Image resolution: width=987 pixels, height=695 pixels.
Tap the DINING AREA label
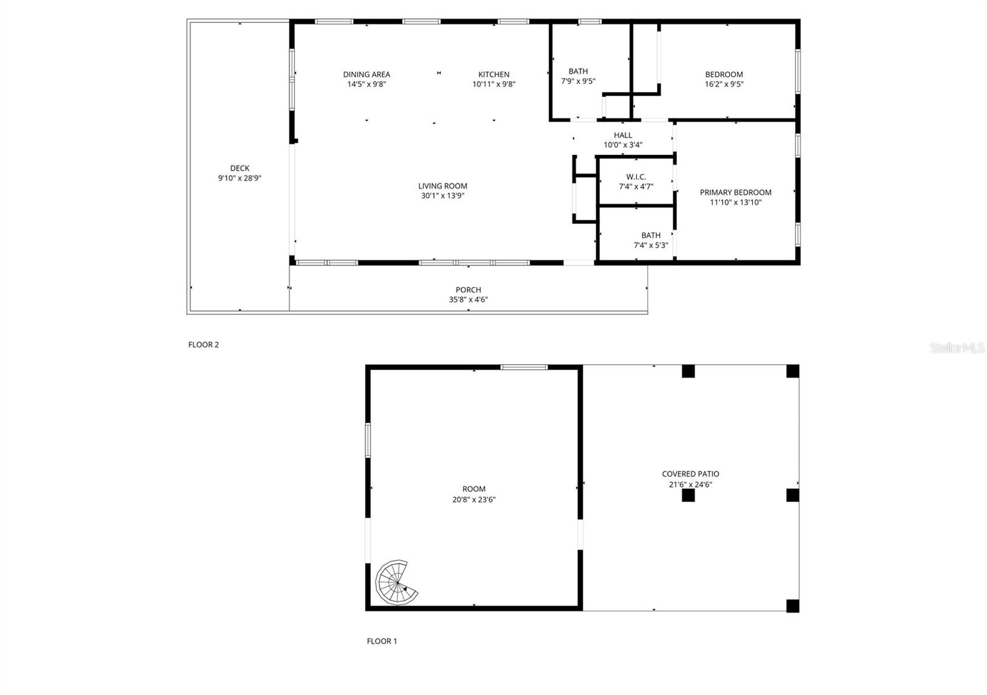[x=366, y=75]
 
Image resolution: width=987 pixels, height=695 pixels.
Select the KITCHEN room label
[x=494, y=75]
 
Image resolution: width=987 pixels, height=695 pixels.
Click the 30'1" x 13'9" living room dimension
[x=442, y=196]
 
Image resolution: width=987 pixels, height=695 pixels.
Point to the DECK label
[x=240, y=168]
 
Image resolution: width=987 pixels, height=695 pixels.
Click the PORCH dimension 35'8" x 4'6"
[x=468, y=300]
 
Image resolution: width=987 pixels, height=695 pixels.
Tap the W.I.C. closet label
[x=636, y=177]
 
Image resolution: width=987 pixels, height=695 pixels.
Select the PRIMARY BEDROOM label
[x=735, y=193]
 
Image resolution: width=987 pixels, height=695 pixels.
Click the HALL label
[x=623, y=135]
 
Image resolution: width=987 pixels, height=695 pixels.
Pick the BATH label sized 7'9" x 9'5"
[x=578, y=72]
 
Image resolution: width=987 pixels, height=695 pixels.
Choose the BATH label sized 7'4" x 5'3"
[x=651, y=235]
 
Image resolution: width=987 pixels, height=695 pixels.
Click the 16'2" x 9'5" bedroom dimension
[x=724, y=85]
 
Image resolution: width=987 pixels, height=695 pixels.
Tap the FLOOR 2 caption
[x=204, y=345]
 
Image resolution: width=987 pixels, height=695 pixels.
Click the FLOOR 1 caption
[x=382, y=641]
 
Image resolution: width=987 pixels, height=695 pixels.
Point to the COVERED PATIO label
[x=690, y=474]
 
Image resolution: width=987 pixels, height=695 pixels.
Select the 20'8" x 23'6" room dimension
[x=474, y=500]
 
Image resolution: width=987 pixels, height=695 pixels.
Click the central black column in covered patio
[x=688, y=495]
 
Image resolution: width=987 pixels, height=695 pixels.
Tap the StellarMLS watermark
[x=957, y=348]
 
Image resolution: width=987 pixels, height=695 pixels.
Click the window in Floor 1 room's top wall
[x=524, y=367]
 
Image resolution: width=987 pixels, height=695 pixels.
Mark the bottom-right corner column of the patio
[x=793, y=606]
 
